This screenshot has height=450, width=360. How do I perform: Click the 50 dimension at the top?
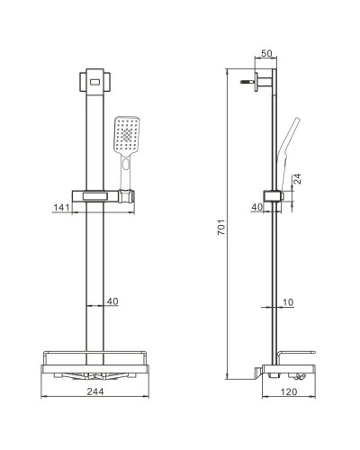point(266,54)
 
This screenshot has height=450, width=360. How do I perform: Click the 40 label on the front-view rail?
point(112,301)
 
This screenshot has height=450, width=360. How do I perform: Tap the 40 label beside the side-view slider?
point(256,207)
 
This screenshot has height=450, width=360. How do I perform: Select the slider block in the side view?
point(270,196)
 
